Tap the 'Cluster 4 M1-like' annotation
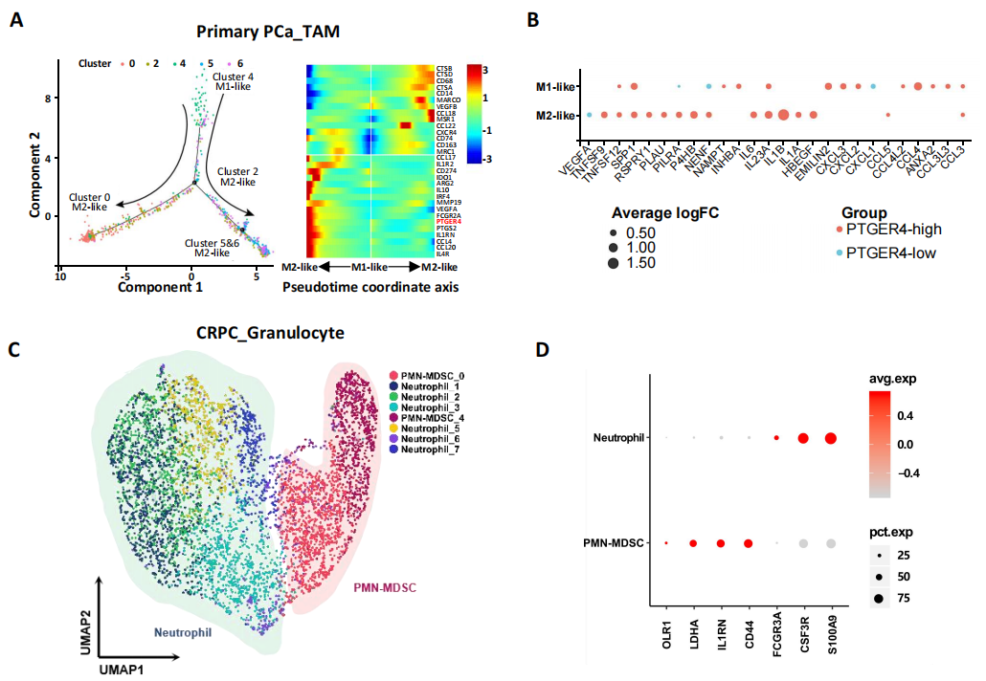point(233,82)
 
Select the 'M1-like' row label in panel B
point(553,88)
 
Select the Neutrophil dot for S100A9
point(831,438)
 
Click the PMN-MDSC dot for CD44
point(748,543)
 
